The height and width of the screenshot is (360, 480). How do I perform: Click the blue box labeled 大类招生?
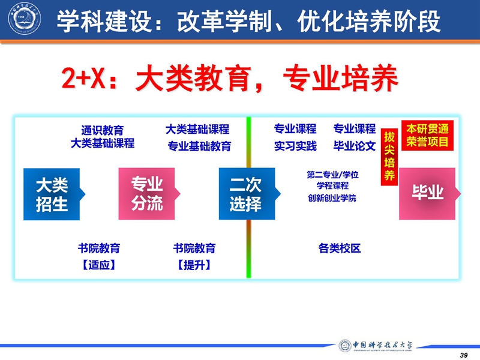[52, 194]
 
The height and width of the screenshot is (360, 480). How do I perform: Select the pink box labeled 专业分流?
[147, 194]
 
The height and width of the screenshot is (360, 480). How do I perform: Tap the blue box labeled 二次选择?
[247, 194]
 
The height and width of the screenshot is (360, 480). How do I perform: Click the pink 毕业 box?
[428, 193]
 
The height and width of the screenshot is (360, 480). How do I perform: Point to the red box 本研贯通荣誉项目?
[427, 136]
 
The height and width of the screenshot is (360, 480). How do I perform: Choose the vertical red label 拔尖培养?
[389, 157]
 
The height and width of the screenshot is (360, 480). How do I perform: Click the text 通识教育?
[103, 130]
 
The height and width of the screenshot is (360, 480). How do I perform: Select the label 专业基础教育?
[199, 146]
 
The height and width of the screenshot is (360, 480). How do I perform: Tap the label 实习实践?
[295, 146]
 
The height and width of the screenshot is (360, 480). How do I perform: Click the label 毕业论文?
[355, 146]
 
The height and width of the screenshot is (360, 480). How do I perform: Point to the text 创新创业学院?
[332, 198]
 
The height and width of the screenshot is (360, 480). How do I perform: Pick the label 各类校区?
[340, 248]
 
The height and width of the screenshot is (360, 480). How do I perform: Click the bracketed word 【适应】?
[99, 265]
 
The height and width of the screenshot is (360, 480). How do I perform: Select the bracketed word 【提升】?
[194, 265]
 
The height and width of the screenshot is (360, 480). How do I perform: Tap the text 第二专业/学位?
[333, 175]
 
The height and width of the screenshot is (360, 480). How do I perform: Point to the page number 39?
[464, 355]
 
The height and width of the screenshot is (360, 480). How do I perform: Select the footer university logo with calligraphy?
[376, 346]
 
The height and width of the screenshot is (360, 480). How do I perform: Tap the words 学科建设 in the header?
[104, 21]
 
